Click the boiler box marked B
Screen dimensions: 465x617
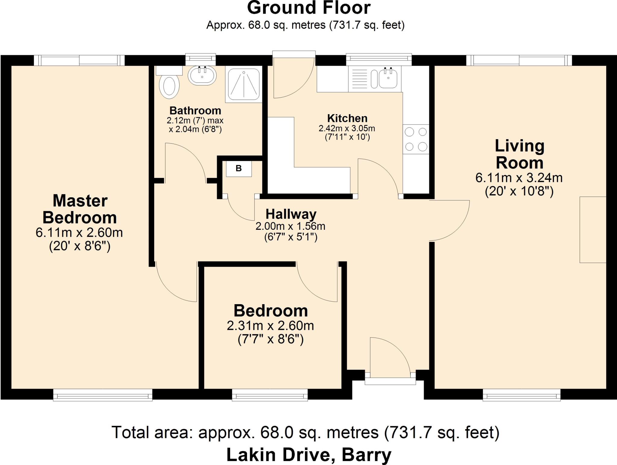[x=239, y=169]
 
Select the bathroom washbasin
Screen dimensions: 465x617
[x=202, y=75]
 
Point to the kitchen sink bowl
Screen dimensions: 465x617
[x=388, y=78]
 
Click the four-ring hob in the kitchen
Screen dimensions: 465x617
[x=416, y=139]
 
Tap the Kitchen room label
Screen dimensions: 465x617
[x=347, y=118]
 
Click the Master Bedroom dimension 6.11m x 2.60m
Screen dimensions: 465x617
[x=79, y=233]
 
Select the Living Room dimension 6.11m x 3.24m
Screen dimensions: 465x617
[x=519, y=178]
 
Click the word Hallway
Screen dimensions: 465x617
[x=291, y=214]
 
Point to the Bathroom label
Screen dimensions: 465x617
[x=195, y=111]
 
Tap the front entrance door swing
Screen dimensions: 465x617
[x=389, y=357]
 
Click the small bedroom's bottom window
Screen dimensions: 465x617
[x=270, y=395]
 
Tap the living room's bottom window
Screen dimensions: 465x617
[x=521, y=395]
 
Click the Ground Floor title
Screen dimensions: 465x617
[x=308, y=8]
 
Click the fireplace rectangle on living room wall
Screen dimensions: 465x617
[x=593, y=229]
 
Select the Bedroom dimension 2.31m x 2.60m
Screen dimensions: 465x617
[x=270, y=326]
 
